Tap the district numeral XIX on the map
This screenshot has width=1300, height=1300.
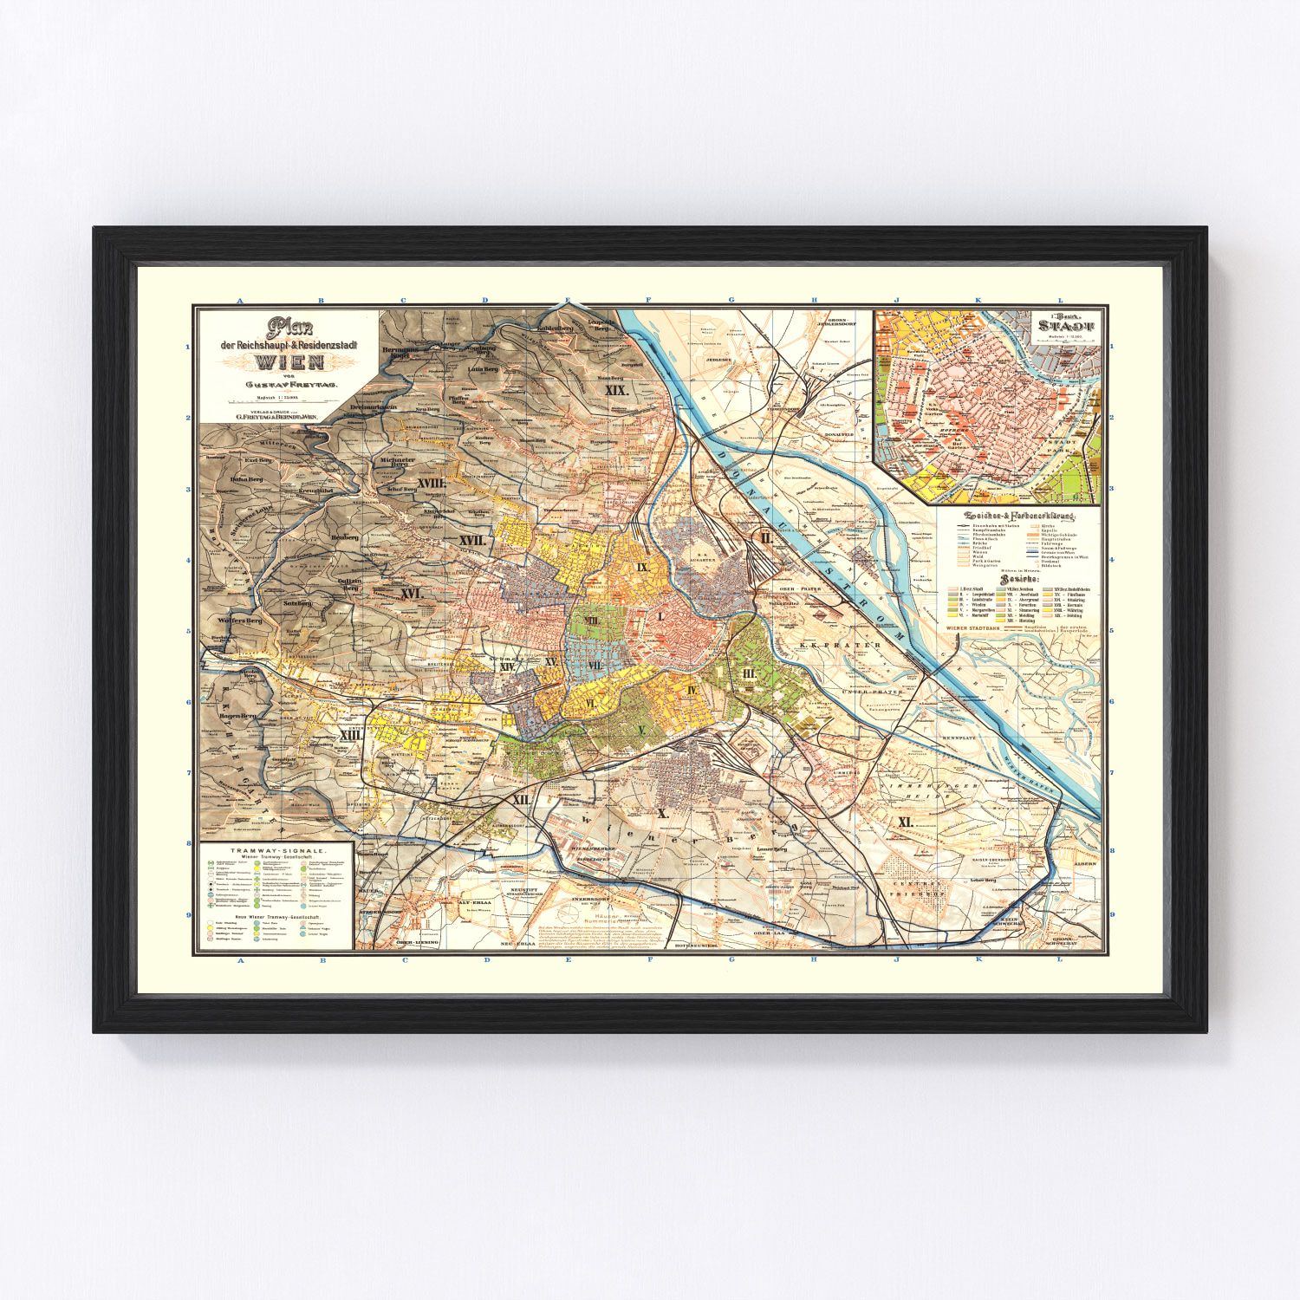coord(616,391)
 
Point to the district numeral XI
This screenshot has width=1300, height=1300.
coord(906,821)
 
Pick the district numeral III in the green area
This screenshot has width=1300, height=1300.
coord(750,673)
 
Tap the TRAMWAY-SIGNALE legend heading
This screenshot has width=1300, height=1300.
coord(276,852)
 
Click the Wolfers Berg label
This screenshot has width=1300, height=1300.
coord(234,621)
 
